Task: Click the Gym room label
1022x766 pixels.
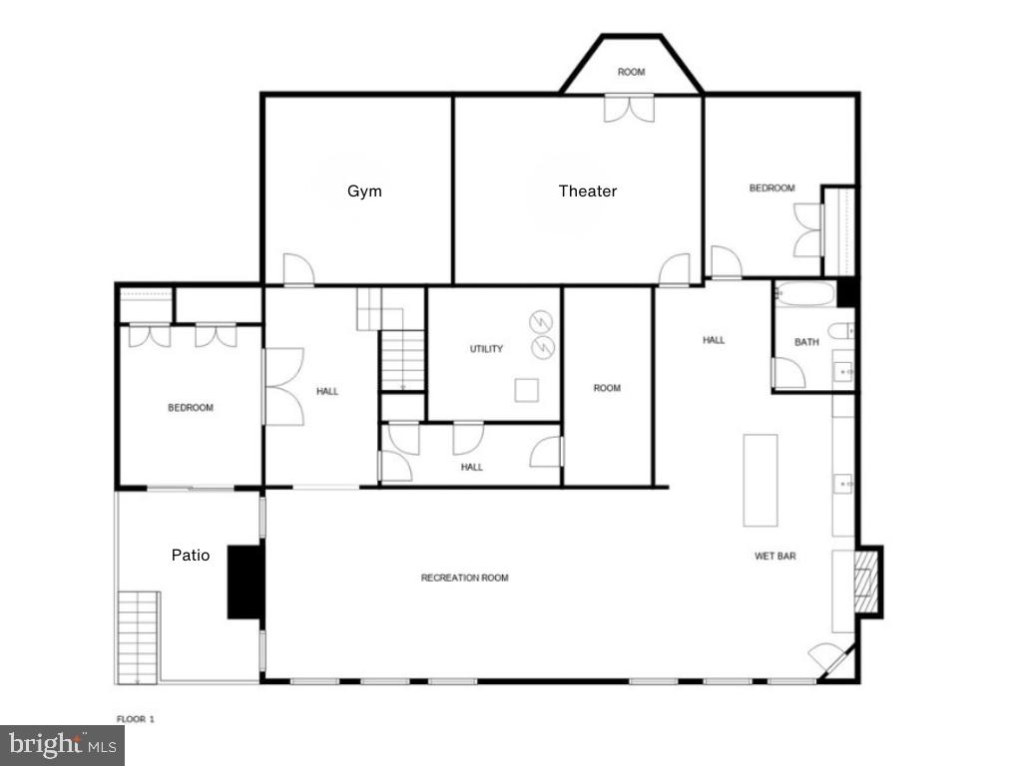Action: tap(364, 191)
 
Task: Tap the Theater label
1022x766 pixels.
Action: tap(587, 191)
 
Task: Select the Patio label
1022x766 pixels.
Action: tap(191, 556)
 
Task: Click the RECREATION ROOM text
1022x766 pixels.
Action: tap(464, 578)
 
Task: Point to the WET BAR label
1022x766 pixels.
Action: tap(774, 557)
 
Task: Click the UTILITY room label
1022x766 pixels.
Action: tap(486, 349)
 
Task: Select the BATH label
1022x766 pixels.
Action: tap(806, 342)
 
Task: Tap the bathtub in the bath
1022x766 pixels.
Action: tap(804, 294)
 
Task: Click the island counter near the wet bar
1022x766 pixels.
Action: tap(760, 480)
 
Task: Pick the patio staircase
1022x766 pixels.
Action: tap(138, 637)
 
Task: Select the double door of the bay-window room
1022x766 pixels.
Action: tap(629, 108)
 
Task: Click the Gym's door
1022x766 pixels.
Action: tap(298, 269)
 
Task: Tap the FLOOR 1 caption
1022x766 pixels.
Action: tap(136, 718)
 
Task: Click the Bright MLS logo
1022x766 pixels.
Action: tap(62, 744)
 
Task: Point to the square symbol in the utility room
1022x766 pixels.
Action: tap(527, 390)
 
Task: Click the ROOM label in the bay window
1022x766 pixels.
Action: tap(631, 72)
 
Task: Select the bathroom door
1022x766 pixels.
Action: tap(788, 373)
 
